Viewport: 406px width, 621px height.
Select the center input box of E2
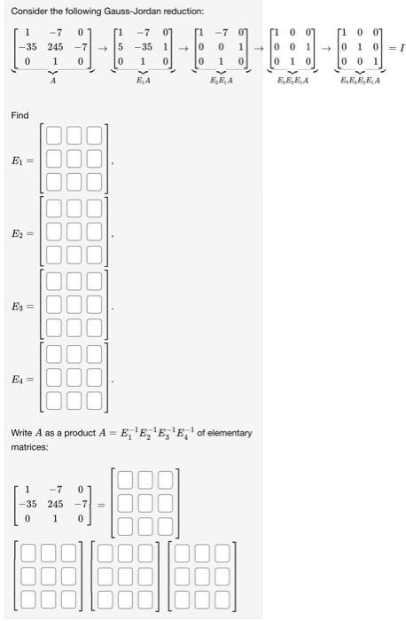click(x=76, y=233)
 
